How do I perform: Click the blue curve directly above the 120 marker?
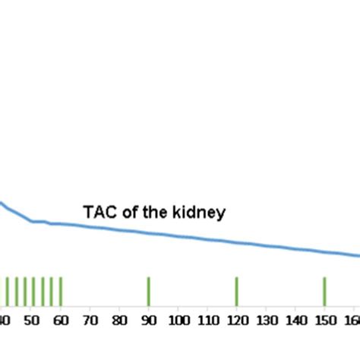[x=237, y=243]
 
